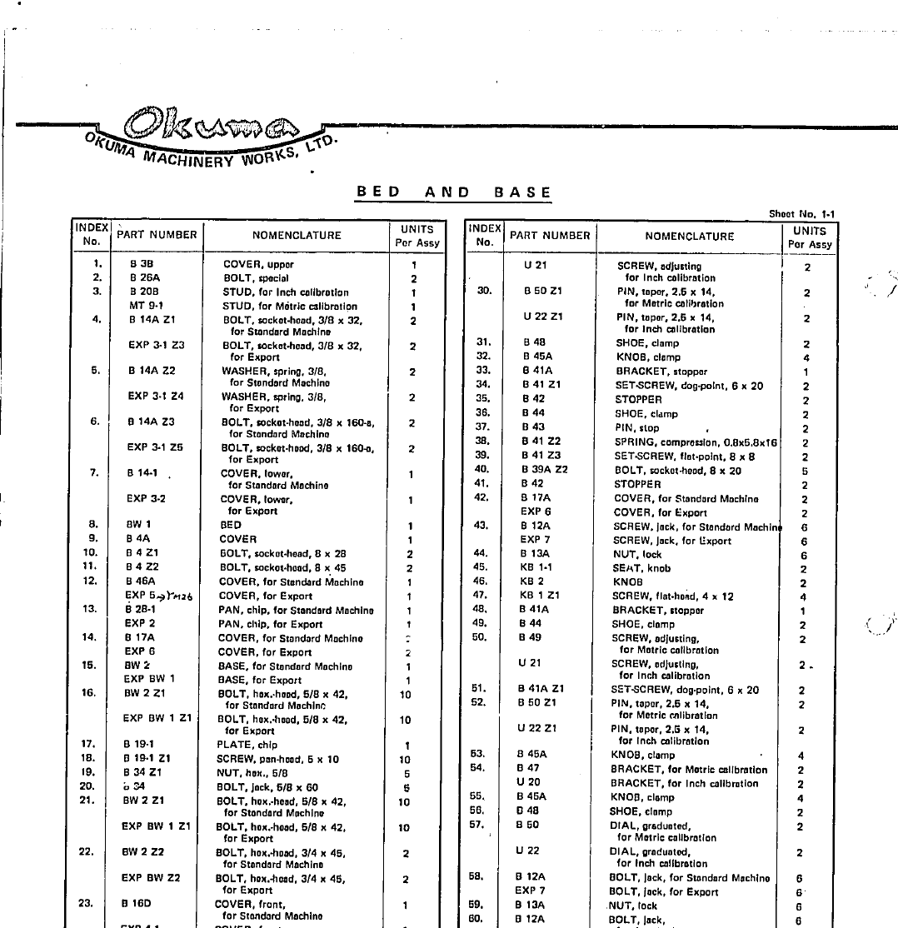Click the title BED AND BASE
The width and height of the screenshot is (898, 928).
tap(454, 192)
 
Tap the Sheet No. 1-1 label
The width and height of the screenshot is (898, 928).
tap(801, 214)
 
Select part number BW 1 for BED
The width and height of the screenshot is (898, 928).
tap(138, 525)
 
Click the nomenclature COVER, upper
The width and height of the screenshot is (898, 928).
tap(258, 265)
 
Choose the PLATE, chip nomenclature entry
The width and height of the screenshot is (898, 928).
tap(247, 745)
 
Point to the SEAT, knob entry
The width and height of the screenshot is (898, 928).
tap(641, 569)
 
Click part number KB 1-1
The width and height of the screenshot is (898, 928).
tap(536, 568)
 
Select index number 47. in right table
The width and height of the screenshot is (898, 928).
tap(480, 596)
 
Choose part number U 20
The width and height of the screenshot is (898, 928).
tap(528, 782)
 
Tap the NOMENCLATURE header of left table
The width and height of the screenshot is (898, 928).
tap(297, 236)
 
